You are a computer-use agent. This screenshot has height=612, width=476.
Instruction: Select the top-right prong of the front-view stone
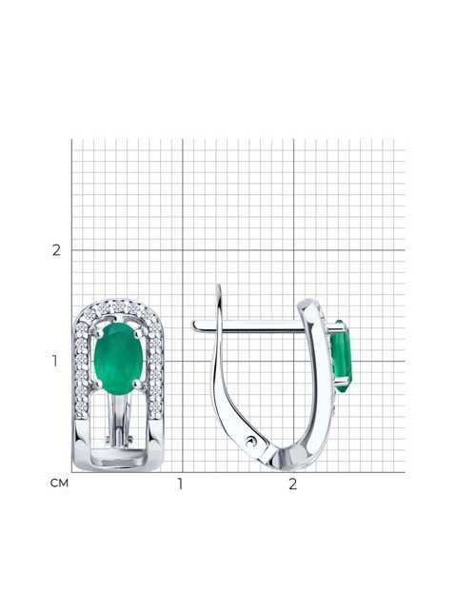tap(137, 334)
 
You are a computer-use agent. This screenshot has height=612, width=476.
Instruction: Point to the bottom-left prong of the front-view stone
tap(99, 385)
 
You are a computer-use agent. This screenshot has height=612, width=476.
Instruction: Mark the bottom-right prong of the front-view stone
tap(137, 385)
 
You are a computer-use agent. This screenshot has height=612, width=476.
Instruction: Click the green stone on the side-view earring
tap(341, 357)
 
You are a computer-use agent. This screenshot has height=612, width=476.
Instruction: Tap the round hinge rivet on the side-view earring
tap(250, 442)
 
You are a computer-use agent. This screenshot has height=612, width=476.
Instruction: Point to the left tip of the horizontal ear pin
tap(192, 325)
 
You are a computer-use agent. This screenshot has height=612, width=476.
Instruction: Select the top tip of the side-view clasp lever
tap(219, 286)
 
